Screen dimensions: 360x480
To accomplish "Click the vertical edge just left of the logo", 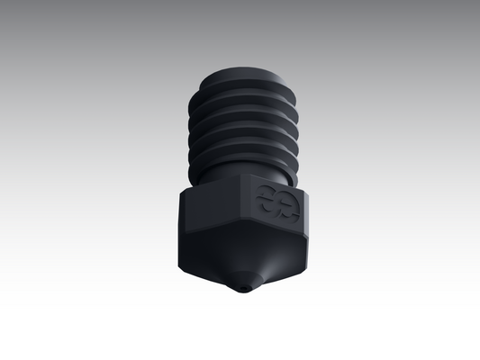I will pos(241,207).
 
